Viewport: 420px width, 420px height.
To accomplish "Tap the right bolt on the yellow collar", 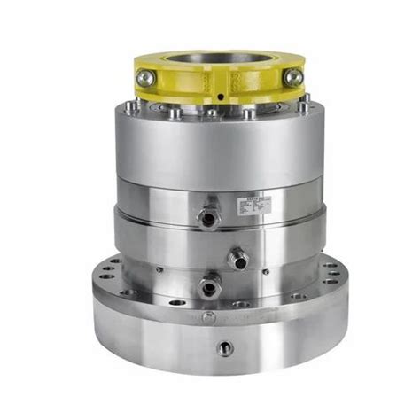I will [x=293, y=78].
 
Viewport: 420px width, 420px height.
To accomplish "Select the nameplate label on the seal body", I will [x=257, y=206].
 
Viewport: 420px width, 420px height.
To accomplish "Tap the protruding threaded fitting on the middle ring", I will [x=237, y=260].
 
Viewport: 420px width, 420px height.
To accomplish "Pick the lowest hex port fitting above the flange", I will [x=209, y=287].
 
